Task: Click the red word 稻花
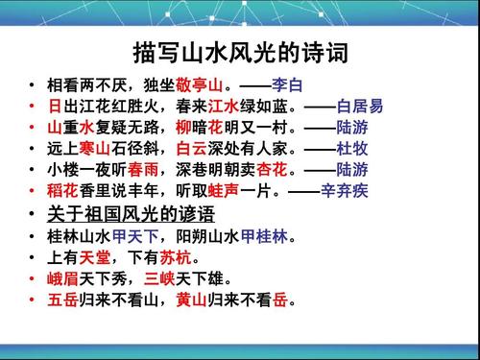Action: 60,190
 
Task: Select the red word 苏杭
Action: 178,257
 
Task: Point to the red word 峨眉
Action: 60,279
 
